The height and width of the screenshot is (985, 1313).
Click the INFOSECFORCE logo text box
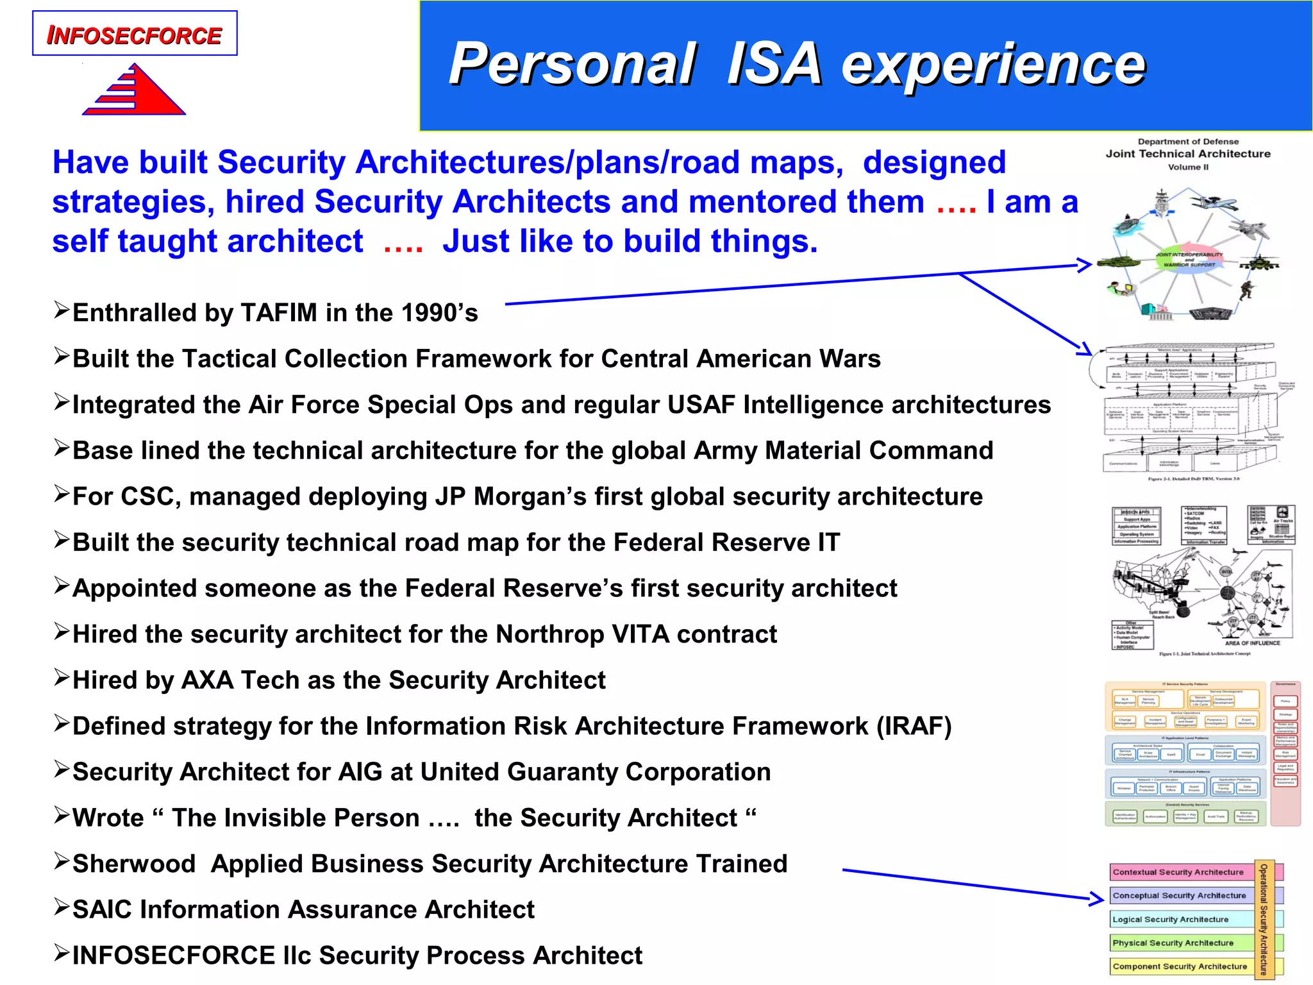click(135, 34)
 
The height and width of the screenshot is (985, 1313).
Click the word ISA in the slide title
click(774, 63)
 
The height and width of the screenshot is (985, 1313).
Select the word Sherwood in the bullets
click(134, 864)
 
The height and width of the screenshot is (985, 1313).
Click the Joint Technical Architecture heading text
click(1188, 154)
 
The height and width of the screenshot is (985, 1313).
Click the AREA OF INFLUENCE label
click(1251, 643)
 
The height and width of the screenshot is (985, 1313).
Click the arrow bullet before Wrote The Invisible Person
click(62, 816)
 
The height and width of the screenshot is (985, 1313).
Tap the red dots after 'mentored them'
click(956, 203)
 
